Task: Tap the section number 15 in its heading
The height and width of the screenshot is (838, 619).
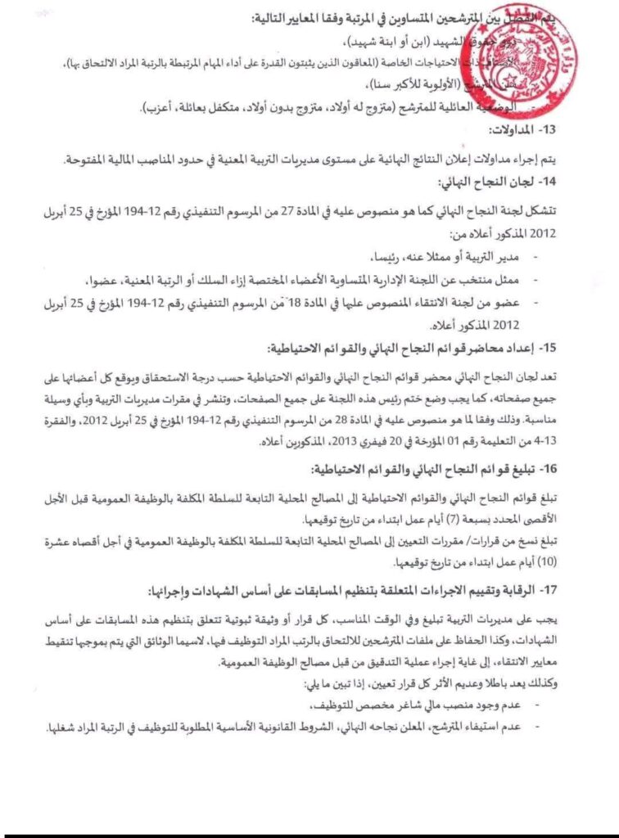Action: [x=549, y=347]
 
